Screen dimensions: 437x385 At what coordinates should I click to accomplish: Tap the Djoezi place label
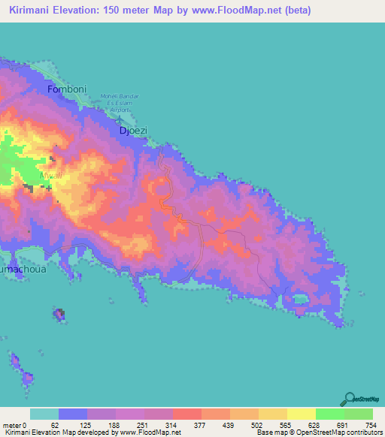click(133, 130)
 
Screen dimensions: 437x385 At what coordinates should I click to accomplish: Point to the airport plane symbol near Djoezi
click(121, 119)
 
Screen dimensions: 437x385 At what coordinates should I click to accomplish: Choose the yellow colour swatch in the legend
click(301, 414)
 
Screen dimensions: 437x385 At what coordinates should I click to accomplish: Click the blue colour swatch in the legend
click(73, 414)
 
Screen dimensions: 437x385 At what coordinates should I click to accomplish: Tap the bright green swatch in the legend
click(329, 414)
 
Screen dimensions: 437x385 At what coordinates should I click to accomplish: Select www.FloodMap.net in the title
click(231, 11)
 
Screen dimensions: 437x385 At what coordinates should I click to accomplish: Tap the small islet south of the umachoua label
click(58, 313)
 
